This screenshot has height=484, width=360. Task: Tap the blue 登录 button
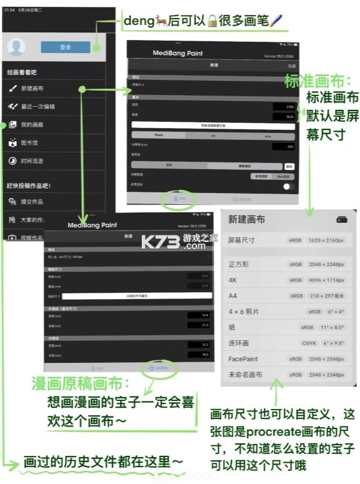(65, 47)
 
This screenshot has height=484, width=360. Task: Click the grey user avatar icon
(17, 47)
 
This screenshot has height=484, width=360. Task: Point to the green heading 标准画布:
(317, 81)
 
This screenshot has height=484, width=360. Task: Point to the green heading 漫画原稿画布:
(82, 383)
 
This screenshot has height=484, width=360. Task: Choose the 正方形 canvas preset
(239, 264)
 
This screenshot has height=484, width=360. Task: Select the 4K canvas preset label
(233, 280)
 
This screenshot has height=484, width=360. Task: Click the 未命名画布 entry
(245, 375)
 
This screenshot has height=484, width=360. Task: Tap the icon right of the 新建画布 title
(341, 219)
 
